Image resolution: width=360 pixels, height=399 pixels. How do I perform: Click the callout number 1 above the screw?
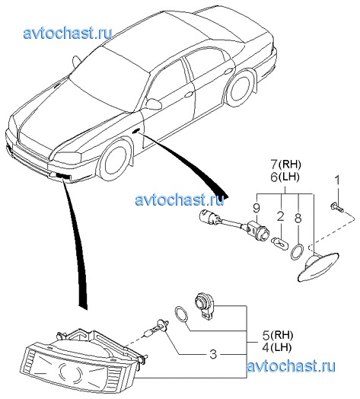point(337,180)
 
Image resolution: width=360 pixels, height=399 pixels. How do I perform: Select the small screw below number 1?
point(337,206)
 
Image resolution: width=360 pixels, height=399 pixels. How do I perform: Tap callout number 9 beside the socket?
point(256,208)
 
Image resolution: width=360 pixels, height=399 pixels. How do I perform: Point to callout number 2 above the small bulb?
point(280,217)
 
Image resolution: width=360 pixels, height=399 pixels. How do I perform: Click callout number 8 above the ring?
point(298,218)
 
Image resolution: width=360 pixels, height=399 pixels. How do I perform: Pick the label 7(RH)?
point(285,164)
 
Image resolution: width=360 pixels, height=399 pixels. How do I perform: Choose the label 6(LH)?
point(285,177)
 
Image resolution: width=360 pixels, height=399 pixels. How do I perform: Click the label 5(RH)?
point(278,336)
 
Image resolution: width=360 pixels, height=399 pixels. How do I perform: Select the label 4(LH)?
point(277,347)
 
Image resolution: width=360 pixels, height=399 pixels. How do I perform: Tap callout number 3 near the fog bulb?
point(213,354)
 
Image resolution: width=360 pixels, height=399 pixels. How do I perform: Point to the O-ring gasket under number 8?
point(297,251)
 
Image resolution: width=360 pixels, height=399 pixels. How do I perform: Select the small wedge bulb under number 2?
point(279,241)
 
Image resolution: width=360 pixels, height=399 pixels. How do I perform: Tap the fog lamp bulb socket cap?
point(205,305)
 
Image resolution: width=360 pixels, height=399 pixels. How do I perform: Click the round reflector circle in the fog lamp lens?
point(71,372)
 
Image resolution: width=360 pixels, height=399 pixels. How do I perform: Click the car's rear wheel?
point(241,88)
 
